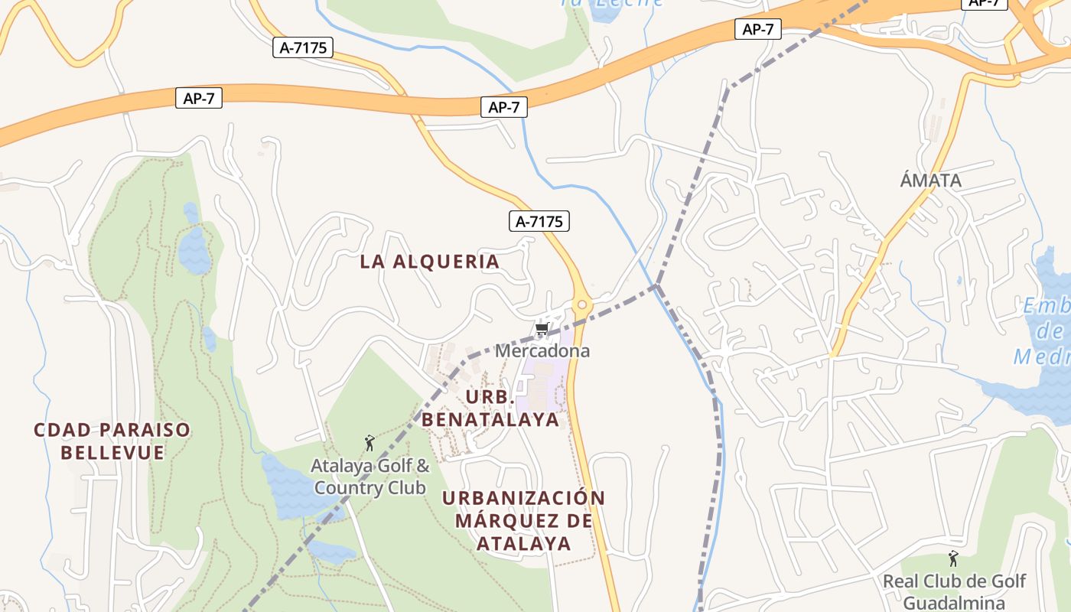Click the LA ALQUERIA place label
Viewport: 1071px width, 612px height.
point(429,262)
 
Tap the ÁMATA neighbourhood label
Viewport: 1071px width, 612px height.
point(930,181)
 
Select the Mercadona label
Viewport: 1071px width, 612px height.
point(542,351)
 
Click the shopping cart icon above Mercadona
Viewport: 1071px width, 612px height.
point(542,330)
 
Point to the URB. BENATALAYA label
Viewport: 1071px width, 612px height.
point(490,409)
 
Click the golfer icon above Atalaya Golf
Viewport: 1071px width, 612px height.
point(370,443)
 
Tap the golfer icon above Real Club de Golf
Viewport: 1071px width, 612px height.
point(953,559)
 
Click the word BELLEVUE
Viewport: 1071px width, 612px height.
point(112,453)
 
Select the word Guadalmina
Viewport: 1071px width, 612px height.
point(954,602)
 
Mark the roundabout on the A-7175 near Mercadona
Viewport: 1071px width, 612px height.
point(582,305)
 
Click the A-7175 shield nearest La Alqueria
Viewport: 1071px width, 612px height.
point(539,222)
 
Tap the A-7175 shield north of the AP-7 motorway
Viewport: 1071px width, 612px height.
point(303,47)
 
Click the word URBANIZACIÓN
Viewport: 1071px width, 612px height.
point(523,498)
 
